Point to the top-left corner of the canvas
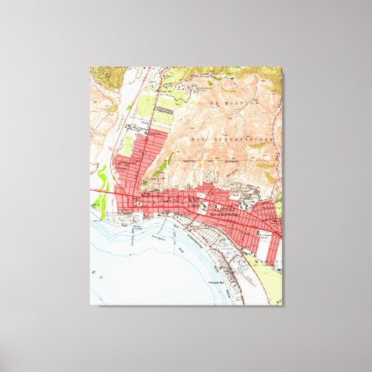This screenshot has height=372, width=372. (x=91, y=67)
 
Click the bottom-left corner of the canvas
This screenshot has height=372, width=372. (x=91, y=305)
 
